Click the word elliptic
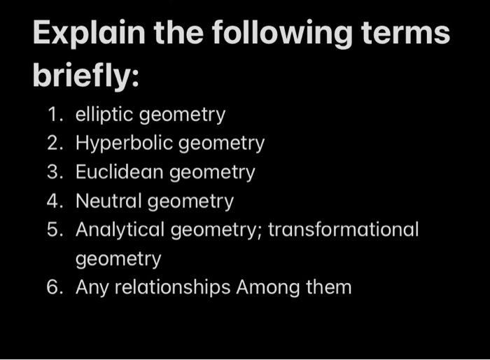tap(104, 115)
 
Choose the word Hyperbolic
tap(125, 144)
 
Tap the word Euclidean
tap(120, 172)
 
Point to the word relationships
tap(174, 287)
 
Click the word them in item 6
tap(329, 286)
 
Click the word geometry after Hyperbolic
tap(221, 144)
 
